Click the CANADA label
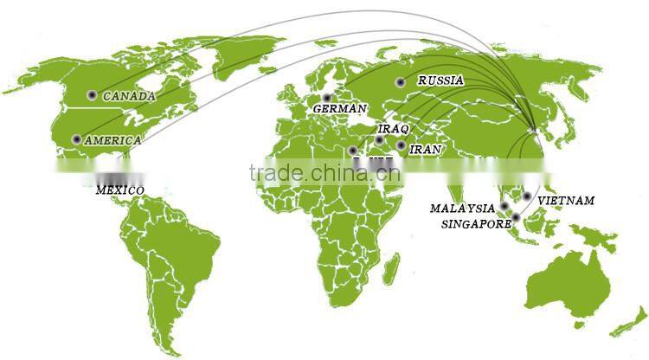(x=129, y=96)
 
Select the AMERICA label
(x=112, y=140)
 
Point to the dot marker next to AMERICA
(x=77, y=139)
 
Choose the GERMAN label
(x=340, y=109)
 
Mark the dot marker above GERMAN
(x=327, y=98)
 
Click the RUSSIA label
(x=440, y=80)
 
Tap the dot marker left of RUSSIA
(x=401, y=82)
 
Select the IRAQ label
(x=393, y=128)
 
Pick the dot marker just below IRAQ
(x=379, y=139)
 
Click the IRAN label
(x=425, y=149)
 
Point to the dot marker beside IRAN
(x=402, y=145)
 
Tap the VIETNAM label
(x=566, y=201)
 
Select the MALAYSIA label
(x=462, y=209)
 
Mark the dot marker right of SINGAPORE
(x=516, y=216)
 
